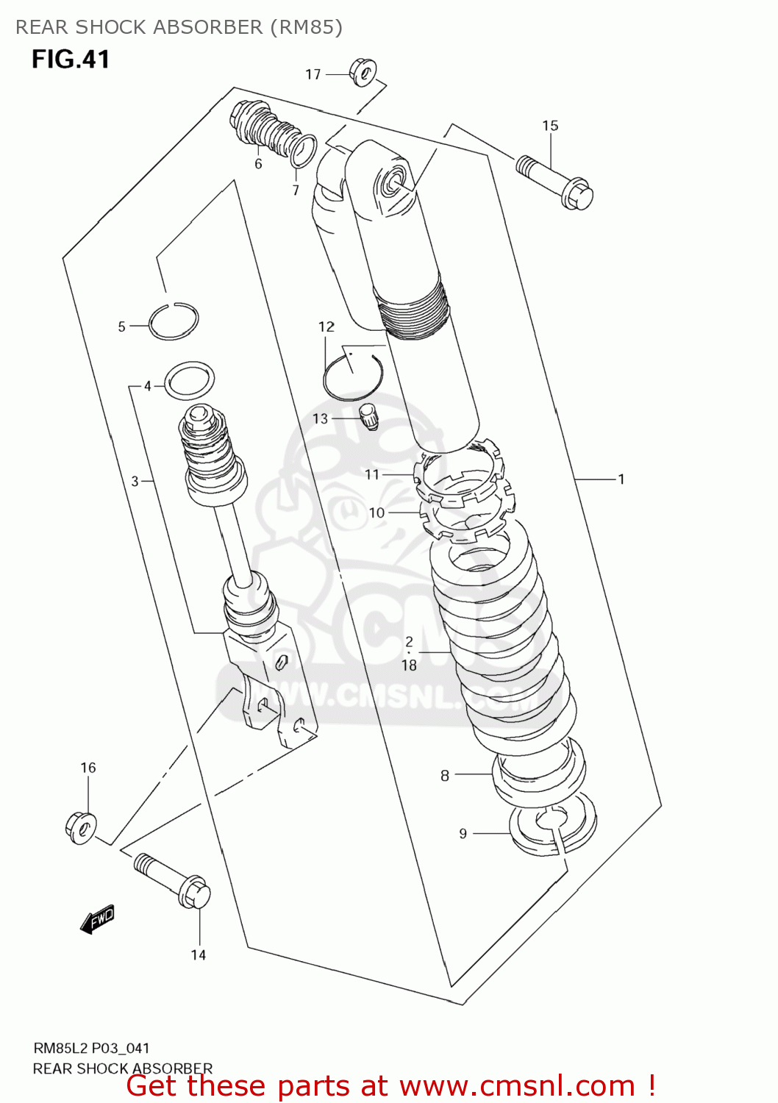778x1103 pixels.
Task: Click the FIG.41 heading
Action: (x=71, y=59)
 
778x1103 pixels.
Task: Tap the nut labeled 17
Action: (x=363, y=71)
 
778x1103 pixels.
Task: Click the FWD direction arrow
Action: (x=98, y=918)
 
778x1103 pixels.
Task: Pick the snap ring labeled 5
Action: (x=174, y=321)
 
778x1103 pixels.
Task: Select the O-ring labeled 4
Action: (x=190, y=379)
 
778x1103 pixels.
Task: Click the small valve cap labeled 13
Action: (x=368, y=416)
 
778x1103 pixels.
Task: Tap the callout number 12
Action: (x=326, y=326)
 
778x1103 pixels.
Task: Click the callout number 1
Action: (x=621, y=479)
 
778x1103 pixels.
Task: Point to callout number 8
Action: (x=445, y=775)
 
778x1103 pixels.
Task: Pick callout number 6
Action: (x=258, y=164)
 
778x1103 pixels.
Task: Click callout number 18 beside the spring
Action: (x=409, y=665)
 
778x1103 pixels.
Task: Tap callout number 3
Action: (x=135, y=481)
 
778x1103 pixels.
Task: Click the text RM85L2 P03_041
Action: (x=91, y=1048)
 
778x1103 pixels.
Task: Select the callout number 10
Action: (x=376, y=513)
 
